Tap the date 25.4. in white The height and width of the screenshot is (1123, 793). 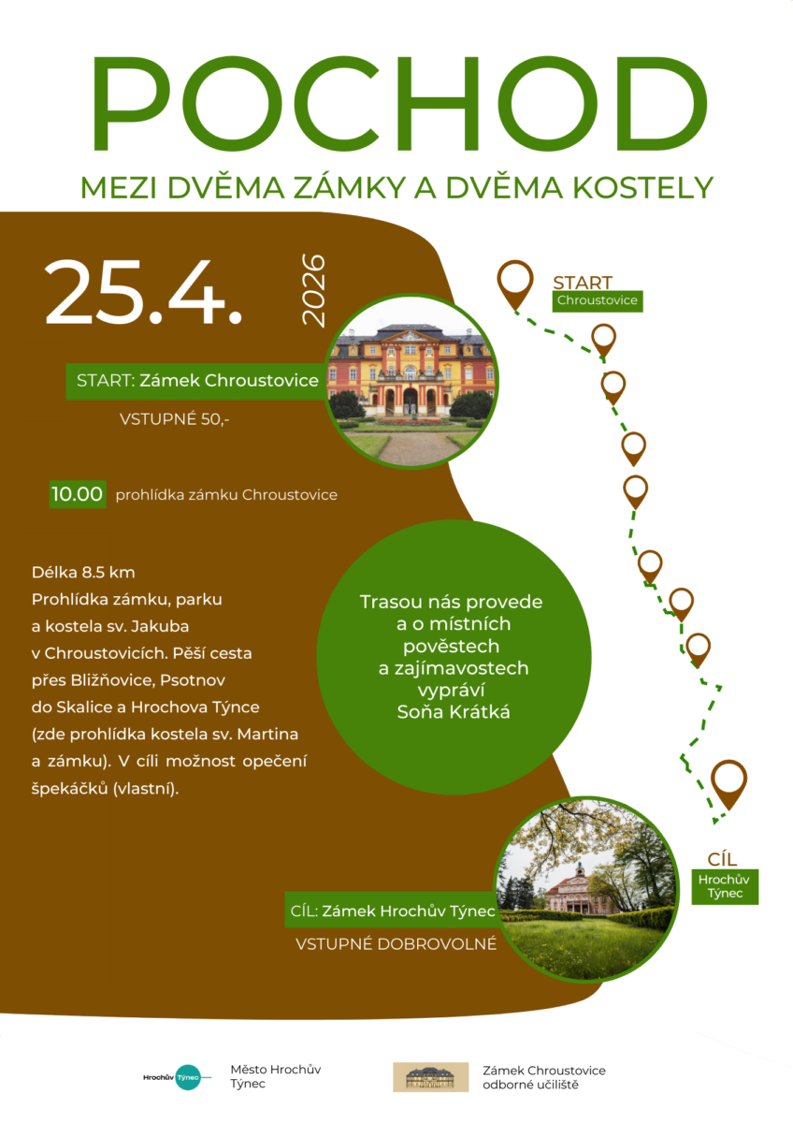(x=143, y=292)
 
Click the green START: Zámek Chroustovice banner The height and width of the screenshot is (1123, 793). (x=197, y=381)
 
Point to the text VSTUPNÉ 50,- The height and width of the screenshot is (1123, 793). (x=174, y=419)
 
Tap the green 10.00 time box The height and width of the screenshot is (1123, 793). (x=78, y=494)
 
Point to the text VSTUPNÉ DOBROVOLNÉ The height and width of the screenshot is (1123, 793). (x=396, y=944)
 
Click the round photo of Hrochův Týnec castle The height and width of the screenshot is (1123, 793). (x=587, y=890)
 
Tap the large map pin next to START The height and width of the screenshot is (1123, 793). (x=514, y=284)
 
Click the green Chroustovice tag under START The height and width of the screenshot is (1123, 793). (x=597, y=300)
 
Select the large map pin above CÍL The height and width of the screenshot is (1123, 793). (x=728, y=782)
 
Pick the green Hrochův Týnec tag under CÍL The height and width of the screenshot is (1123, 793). (x=725, y=886)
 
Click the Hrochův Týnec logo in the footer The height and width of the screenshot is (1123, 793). (x=173, y=1077)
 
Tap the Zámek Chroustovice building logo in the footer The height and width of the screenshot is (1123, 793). (x=430, y=1077)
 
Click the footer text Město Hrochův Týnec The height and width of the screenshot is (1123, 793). (x=276, y=1077)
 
